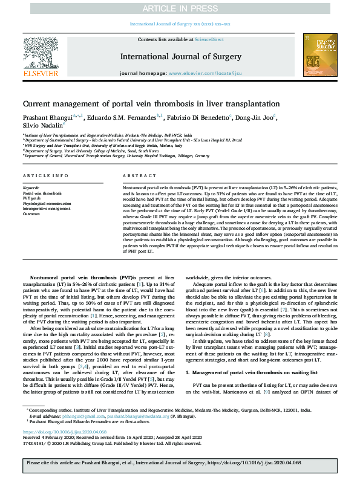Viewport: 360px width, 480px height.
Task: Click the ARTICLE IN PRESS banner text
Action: tap(180, 8)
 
